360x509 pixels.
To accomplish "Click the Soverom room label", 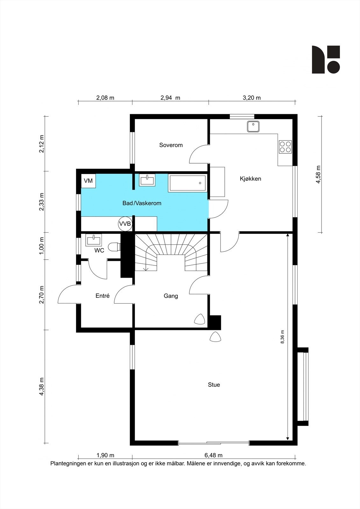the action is point(171,145).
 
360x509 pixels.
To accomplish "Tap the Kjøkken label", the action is point(251,178).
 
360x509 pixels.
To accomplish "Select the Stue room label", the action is point(214,385).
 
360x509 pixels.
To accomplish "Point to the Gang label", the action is point(171,296).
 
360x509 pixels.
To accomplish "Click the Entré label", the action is point(102,296).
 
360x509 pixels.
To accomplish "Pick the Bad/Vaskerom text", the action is point(142,203).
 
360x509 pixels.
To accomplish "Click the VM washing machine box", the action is point(88,181).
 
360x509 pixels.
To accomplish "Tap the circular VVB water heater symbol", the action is point(125,224).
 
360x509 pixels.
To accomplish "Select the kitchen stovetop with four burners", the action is point(286,147).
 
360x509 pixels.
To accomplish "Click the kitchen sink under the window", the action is point(253,127).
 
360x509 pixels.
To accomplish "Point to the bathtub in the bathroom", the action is point(187,183).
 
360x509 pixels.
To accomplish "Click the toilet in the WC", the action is point(114,247).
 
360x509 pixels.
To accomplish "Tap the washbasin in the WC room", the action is point(94,240).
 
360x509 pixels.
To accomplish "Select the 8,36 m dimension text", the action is point(282,337).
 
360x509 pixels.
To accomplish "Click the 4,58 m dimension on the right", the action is point(318,174).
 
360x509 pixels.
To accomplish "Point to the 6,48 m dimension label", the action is point(213,455).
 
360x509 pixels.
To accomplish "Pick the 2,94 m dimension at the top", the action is point(170,98).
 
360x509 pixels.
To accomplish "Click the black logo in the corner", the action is point(326,59).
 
